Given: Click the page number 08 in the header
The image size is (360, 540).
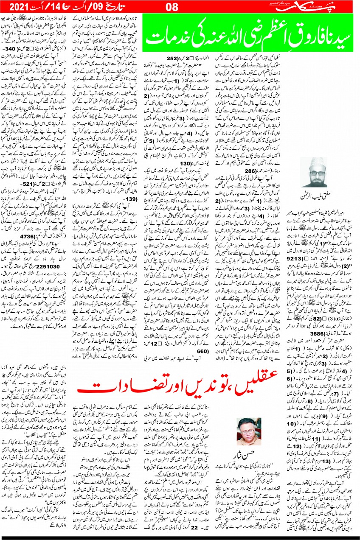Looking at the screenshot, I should click(178, 7).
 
